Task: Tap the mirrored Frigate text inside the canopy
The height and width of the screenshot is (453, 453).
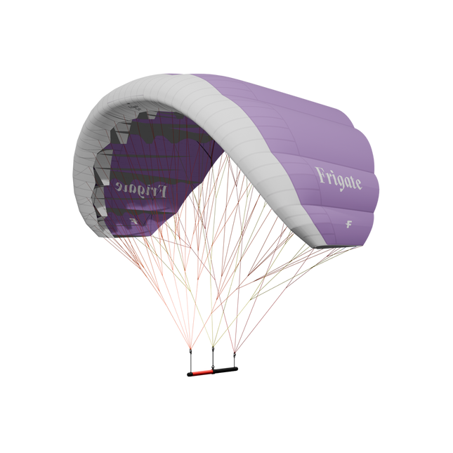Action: tap(140, 188)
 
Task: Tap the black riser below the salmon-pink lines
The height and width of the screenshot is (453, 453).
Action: tap(190, 359)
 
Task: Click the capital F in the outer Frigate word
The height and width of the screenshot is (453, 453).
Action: tap(320, 174)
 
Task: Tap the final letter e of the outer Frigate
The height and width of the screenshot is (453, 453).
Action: tap(358, 185)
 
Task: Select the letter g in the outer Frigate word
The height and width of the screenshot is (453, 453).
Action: tap(338, 180)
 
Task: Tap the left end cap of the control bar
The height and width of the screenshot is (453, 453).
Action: tap(188, 374)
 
